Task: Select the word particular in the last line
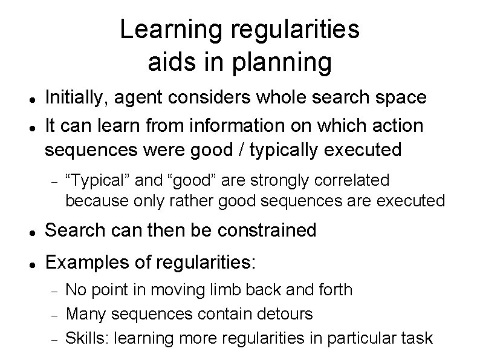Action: [x=347, y=338]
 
